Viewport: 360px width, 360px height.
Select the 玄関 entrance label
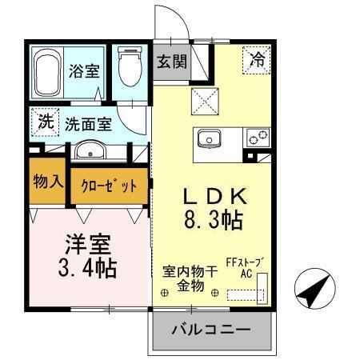(171, 61)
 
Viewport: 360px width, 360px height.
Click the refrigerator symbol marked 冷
(257, 58)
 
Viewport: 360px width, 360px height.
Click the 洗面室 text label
(88, 124)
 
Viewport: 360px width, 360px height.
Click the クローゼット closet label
(109, 186)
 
